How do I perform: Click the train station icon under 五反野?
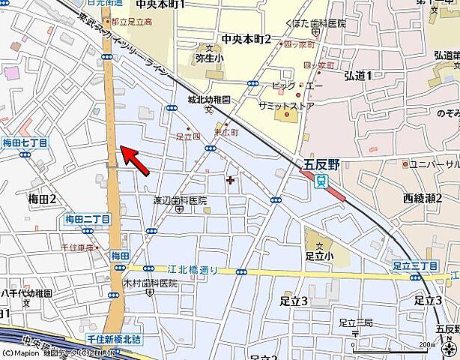(321, 181)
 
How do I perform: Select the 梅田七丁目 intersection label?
(25, 142)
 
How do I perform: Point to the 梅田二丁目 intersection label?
(87, 219)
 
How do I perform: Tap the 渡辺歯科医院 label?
(180, 200)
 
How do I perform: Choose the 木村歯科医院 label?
(151, 283)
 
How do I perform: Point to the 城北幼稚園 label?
(208, 100)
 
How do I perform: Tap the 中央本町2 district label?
(246, 39)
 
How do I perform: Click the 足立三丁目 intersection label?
(414, 265)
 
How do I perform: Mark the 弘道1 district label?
(358, 75)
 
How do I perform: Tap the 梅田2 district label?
(43, 199)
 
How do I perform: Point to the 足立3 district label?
(294, 301)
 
